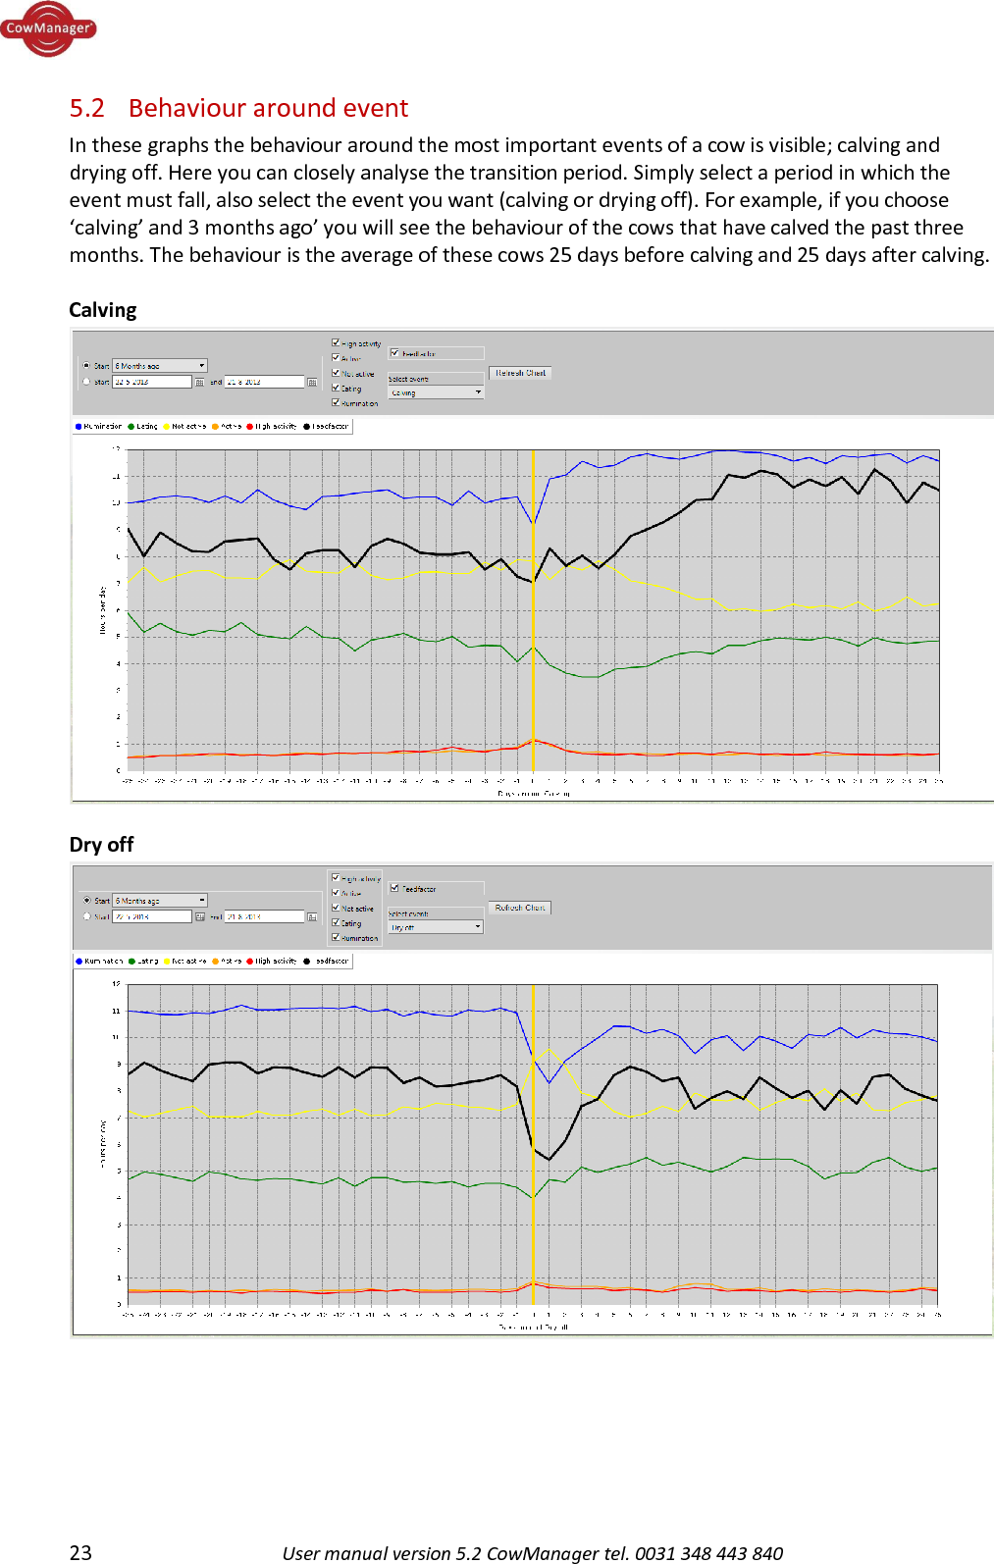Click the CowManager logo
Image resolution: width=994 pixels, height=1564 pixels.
coord(47,28)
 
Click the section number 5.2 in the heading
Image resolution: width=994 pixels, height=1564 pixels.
coord(86,108)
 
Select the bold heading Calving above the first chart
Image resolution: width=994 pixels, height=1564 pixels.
coord(103,310)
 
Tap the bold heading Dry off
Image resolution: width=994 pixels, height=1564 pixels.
coord(101,845)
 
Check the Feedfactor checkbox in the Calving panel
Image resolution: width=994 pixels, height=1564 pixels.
coord(394,353)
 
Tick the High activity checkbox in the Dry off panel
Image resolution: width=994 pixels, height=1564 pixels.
coord(336,877)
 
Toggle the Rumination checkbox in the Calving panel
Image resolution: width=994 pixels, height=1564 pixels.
coord(336,402)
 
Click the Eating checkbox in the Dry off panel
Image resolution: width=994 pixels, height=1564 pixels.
coord(336,922)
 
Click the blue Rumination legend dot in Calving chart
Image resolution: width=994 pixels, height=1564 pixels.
coord(78,427)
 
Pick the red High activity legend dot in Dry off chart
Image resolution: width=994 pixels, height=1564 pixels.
coord(250,962)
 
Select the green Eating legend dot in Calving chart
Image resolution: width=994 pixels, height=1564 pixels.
coord(131,427)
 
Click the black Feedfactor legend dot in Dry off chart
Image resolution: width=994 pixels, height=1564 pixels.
coord(307,962)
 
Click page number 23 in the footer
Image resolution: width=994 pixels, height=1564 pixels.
coord(80,1552)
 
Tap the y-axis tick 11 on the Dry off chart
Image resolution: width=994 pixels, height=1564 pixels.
coord(116,1011)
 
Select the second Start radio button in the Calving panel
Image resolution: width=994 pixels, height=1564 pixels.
coord(86,382)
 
